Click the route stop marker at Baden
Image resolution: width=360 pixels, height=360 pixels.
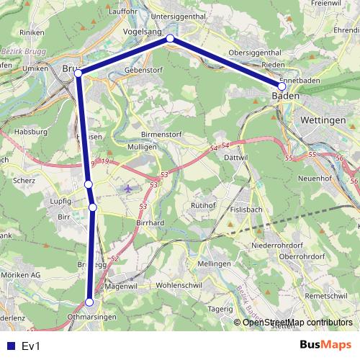[282, 86]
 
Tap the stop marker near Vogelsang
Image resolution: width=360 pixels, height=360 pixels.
[170, 38]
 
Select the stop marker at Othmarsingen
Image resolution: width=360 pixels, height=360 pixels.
[90, 302]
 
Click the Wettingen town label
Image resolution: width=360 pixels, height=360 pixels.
[323, 120]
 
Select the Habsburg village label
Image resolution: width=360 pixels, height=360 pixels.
[30, 132]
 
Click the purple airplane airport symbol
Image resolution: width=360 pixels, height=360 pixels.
[128, 189]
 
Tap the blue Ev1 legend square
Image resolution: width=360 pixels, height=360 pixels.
[9, 346]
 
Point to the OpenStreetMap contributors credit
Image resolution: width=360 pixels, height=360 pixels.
[297, 323]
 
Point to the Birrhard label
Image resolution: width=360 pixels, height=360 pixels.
[150, 223]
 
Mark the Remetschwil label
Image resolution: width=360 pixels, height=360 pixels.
[330, 296]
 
